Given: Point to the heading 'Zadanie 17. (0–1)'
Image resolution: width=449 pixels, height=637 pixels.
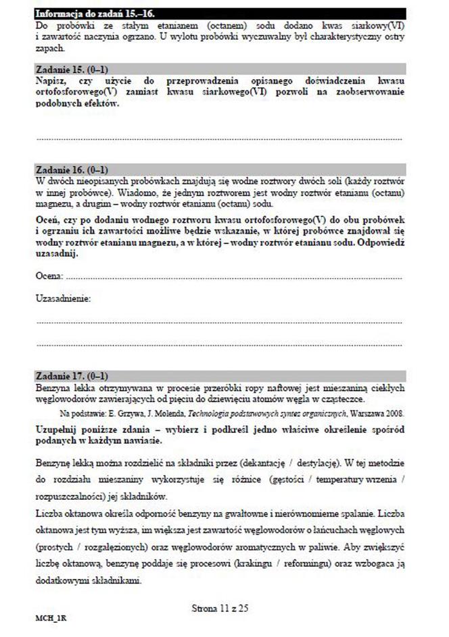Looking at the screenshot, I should point(71,376).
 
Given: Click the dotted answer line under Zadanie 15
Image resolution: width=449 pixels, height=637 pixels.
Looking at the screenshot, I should point(219,139).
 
